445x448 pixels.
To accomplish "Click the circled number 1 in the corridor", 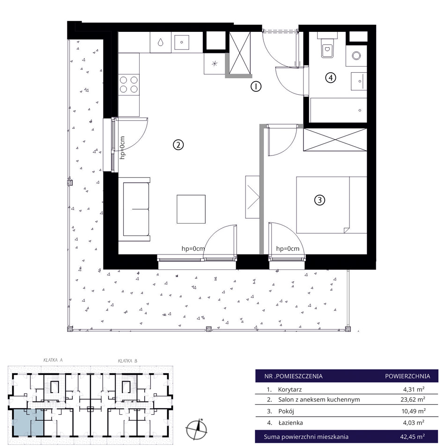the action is [256, 86].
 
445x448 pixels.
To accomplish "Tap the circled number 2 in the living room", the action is [178, 145].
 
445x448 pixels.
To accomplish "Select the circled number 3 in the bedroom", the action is [319, 200].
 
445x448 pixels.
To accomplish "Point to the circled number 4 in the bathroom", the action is [330, 77].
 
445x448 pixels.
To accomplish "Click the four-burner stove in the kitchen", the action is [129, 84].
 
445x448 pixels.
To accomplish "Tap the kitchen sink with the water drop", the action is [161, 42].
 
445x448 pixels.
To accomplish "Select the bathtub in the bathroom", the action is [339, 110].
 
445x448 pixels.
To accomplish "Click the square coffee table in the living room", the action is [191, 209].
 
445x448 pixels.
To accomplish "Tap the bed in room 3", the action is [332, 205].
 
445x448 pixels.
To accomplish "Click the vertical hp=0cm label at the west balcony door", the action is [122, 148].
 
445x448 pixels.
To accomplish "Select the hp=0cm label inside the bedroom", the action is [288, 249].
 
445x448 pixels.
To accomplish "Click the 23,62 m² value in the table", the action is [413, 399].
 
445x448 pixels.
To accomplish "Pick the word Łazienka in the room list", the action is [290, 423].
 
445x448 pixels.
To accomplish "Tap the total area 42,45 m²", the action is [412, 437].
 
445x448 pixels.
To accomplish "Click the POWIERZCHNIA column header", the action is [408, 376].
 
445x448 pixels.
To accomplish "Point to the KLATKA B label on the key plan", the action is [128, 361].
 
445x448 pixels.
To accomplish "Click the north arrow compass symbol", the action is [197, 429].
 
